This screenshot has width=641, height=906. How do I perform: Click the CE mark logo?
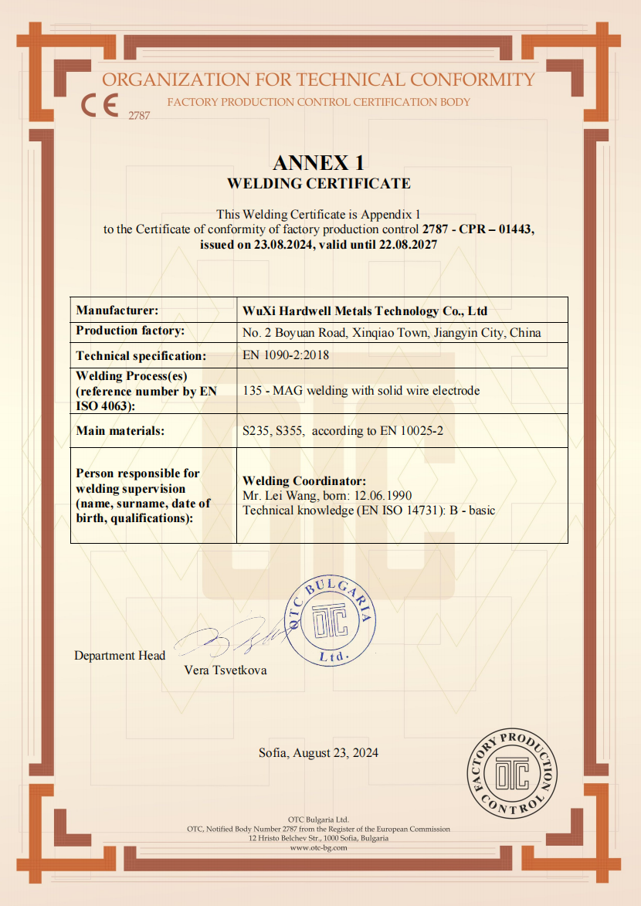point(100,106)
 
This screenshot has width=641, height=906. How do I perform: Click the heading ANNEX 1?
point(318,163)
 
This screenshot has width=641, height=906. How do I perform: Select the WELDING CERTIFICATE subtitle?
point(318,184)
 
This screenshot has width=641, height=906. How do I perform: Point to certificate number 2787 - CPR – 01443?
point(478,229)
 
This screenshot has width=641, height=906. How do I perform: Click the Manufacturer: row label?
point(117,310)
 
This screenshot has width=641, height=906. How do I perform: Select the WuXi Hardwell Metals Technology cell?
point(365,311)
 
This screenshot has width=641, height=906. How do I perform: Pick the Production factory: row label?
point(131,331)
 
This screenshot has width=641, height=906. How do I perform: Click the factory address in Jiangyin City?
point(392,333)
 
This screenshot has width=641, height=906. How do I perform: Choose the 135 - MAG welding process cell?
point(361,391)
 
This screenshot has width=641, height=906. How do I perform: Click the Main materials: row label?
point(120,431)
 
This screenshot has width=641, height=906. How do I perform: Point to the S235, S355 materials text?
point(343,431)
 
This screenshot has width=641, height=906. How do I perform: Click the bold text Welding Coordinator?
point(304,480)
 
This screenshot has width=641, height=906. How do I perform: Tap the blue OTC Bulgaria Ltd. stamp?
point(331,620)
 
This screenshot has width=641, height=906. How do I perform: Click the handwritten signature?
point(232,638)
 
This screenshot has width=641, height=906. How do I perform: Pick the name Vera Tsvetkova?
point(226,670)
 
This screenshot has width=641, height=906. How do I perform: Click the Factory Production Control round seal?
point(511,772)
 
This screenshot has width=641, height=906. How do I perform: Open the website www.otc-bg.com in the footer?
point(318,847)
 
